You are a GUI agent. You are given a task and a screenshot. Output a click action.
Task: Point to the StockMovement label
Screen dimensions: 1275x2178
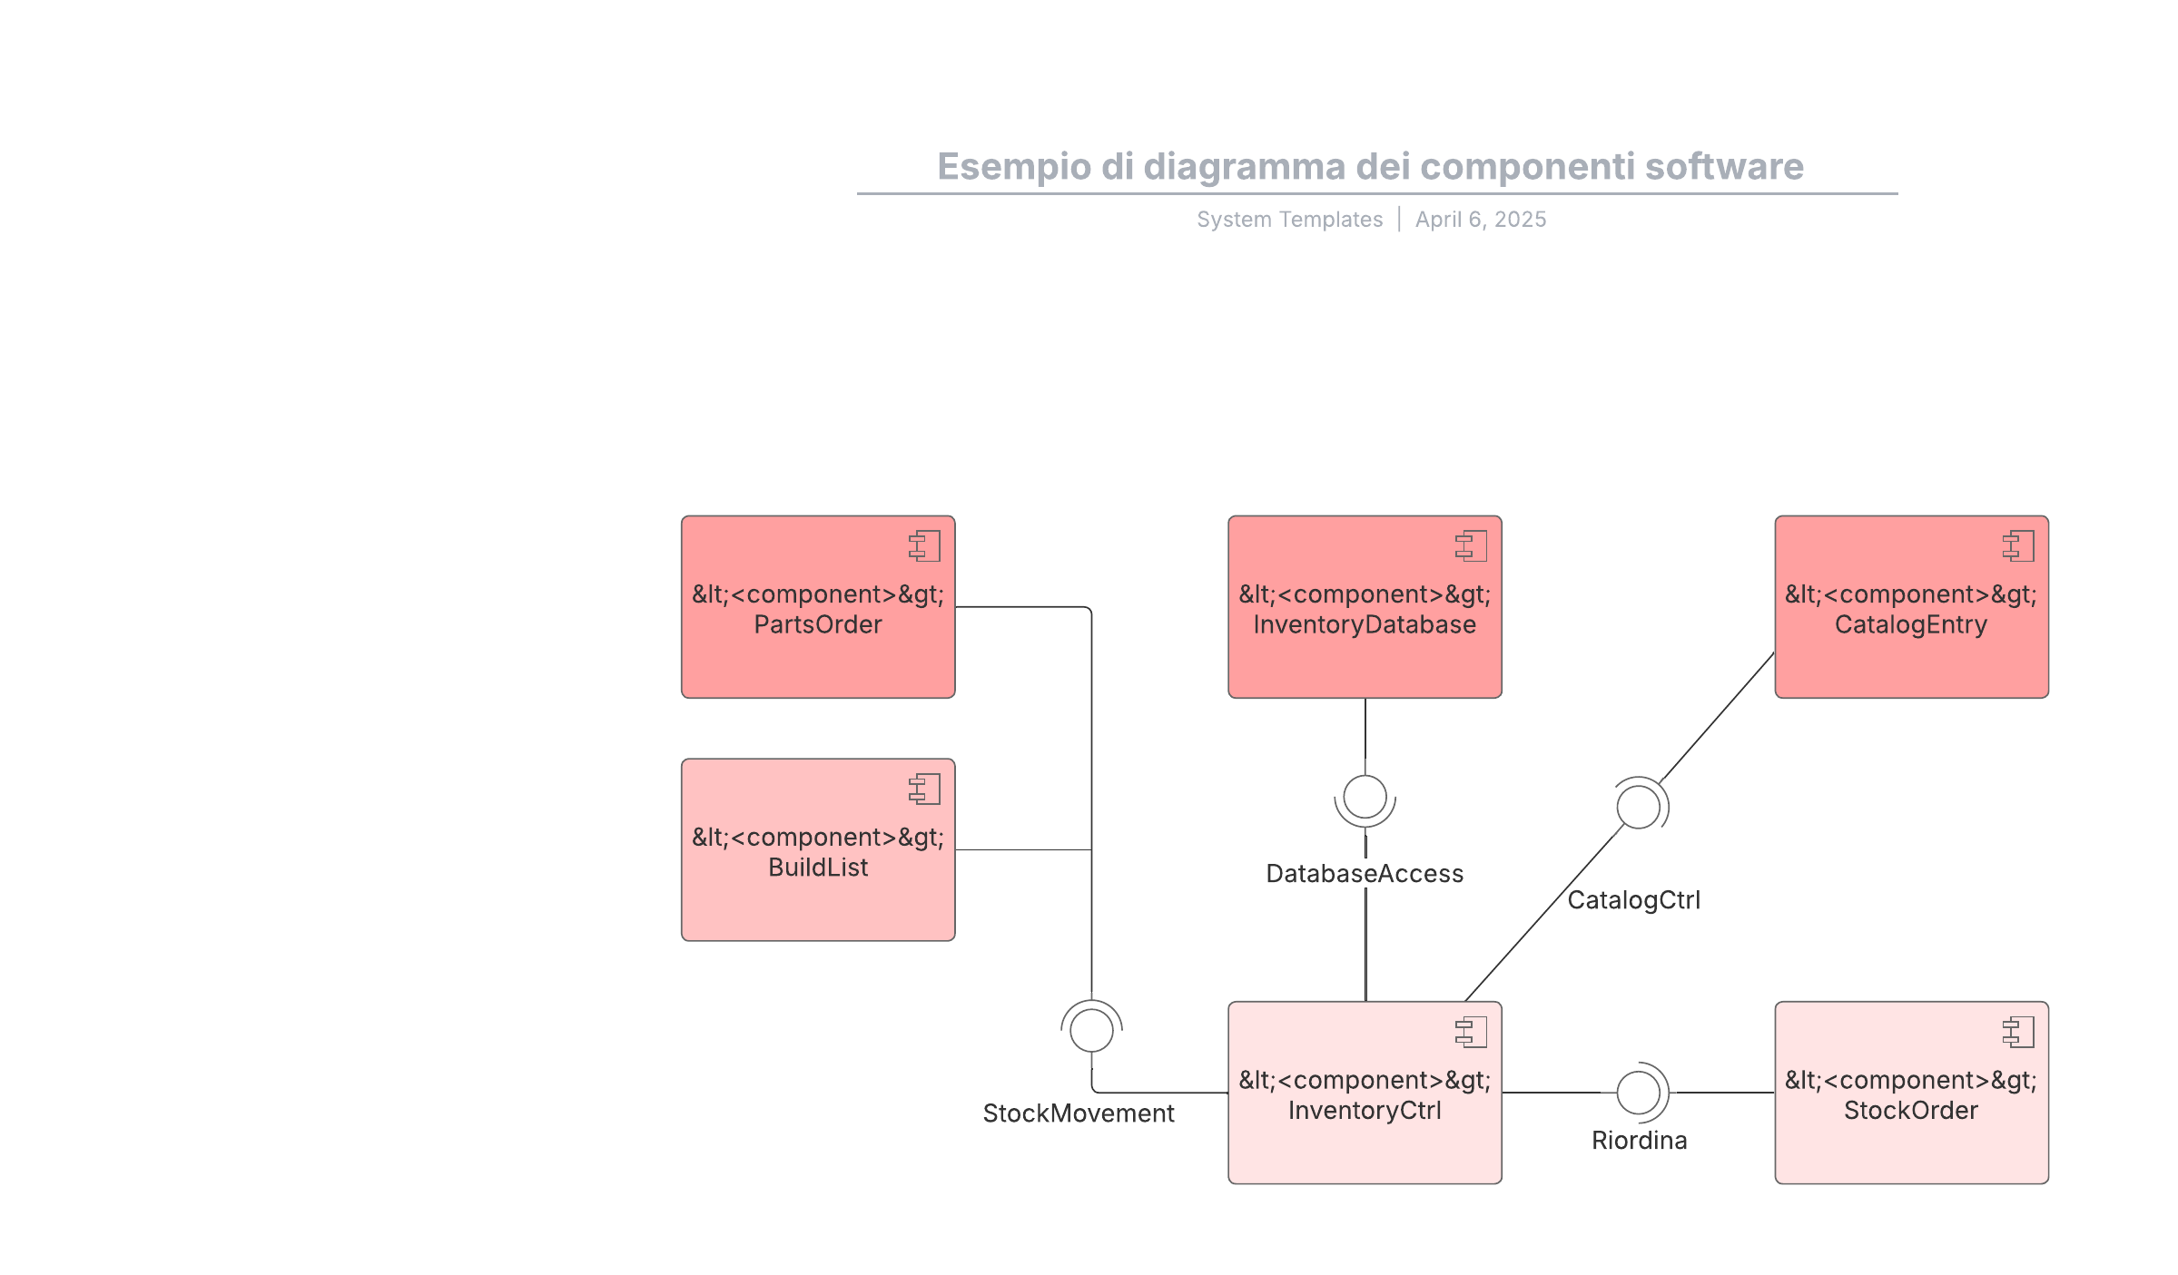1078,1113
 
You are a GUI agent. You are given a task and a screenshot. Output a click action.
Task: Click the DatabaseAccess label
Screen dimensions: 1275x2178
1364,874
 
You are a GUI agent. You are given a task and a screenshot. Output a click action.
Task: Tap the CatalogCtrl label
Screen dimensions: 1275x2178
1633,900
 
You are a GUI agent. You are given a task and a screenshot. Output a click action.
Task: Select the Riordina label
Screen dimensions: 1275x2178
1639,1141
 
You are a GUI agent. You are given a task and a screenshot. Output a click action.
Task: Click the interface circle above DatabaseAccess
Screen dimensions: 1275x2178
1365,797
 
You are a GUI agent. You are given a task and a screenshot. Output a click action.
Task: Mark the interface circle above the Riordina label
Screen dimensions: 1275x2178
1638,1092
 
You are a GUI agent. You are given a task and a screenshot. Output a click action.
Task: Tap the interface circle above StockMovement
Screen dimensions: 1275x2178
1091,1030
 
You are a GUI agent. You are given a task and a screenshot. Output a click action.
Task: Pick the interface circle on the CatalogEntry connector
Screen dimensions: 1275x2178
1638,807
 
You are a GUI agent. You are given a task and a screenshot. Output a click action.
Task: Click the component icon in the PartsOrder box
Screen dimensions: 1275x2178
924,546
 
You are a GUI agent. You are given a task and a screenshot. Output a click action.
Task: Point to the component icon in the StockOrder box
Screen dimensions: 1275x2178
2017,1032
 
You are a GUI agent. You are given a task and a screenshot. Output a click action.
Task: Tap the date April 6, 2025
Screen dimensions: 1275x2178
1480,220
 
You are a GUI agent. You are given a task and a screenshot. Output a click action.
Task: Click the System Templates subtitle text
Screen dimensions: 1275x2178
1289,220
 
